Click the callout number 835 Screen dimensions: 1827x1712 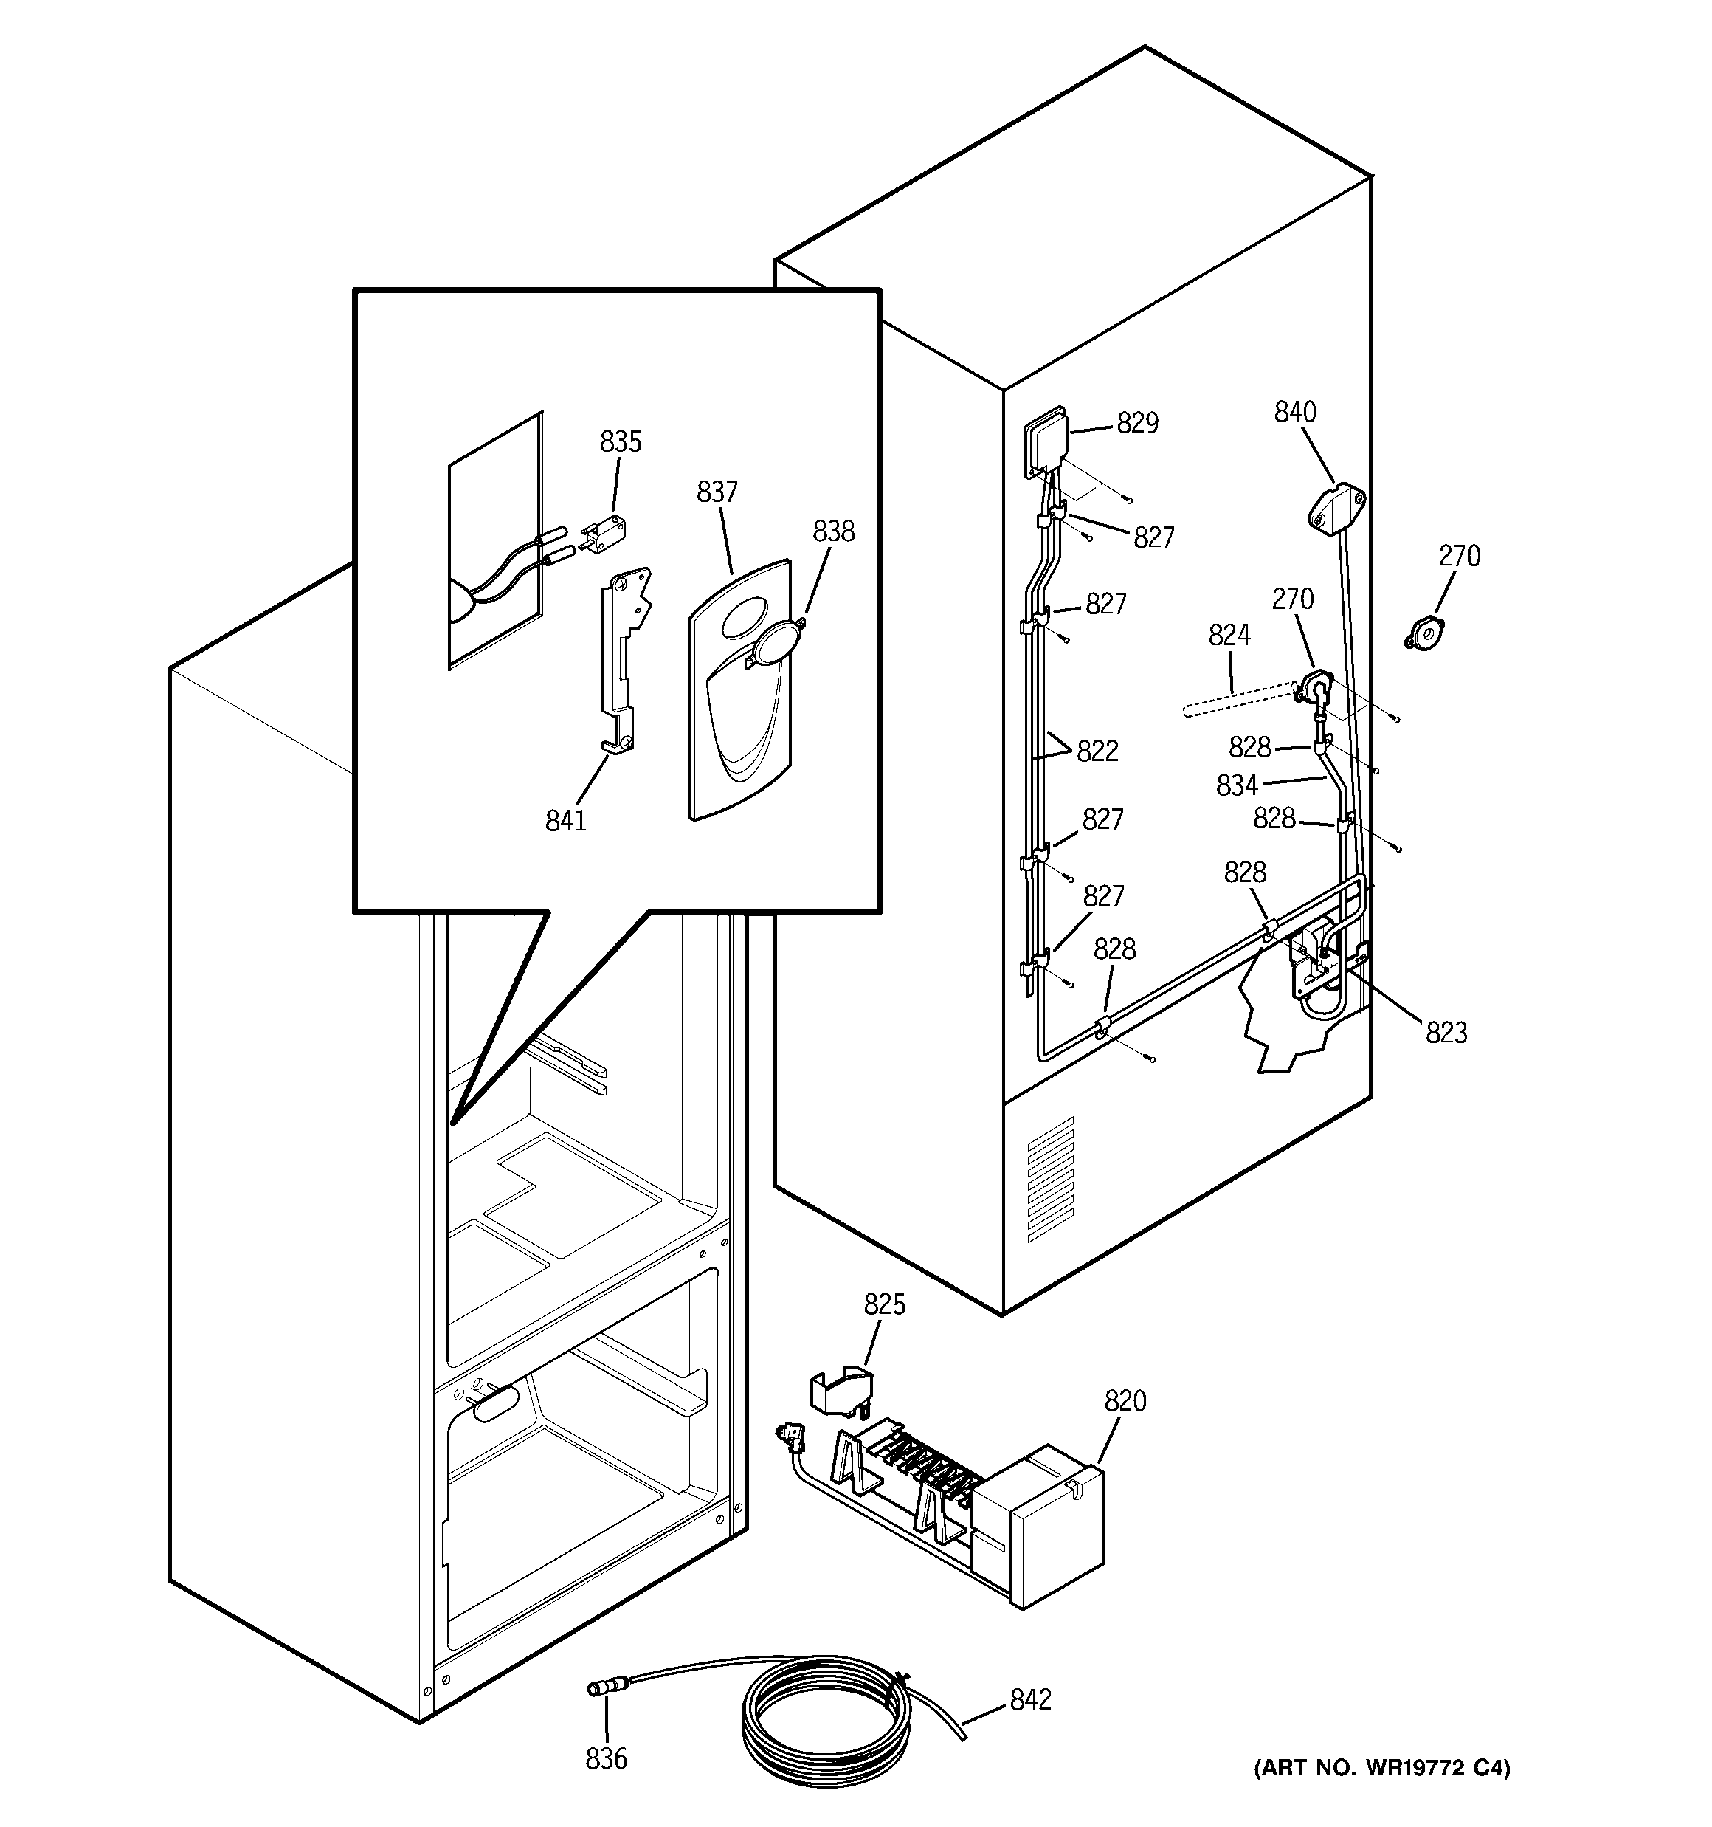point(621,442)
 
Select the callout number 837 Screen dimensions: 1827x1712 point(717,492)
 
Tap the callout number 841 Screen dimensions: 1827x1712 point(566,821)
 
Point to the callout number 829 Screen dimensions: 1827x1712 point(1138,423)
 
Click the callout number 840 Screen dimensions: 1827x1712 point(1295,412)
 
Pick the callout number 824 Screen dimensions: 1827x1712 point(1229,635)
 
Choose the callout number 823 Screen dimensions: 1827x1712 point(1446,1033)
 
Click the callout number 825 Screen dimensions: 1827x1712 point(885,1304)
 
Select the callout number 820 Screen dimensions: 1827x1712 point(1125,1402)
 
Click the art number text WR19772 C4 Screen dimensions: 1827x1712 point(1382,1793)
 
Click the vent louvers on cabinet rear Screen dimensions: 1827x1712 point(1049,1180)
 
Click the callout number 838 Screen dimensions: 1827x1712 point(833,531)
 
